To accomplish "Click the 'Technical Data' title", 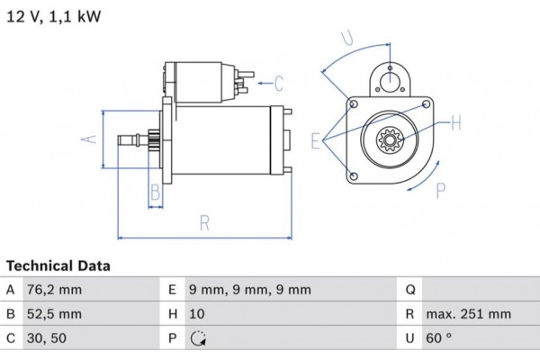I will click(x=58, y=266).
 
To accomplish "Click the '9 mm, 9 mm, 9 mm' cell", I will click(x=251, y=290).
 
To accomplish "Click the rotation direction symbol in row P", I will click(x=199, y=339).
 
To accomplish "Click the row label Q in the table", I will click(x=410, y=290).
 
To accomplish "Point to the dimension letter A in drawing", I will click(x=88, y=139).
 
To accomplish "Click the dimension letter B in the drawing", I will click(x=155, y=192).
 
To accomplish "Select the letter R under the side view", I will click(x=205, y=222).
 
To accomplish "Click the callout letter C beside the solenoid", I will click(x=279, y=85).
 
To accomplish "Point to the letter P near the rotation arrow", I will click(x=441, y=191).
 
